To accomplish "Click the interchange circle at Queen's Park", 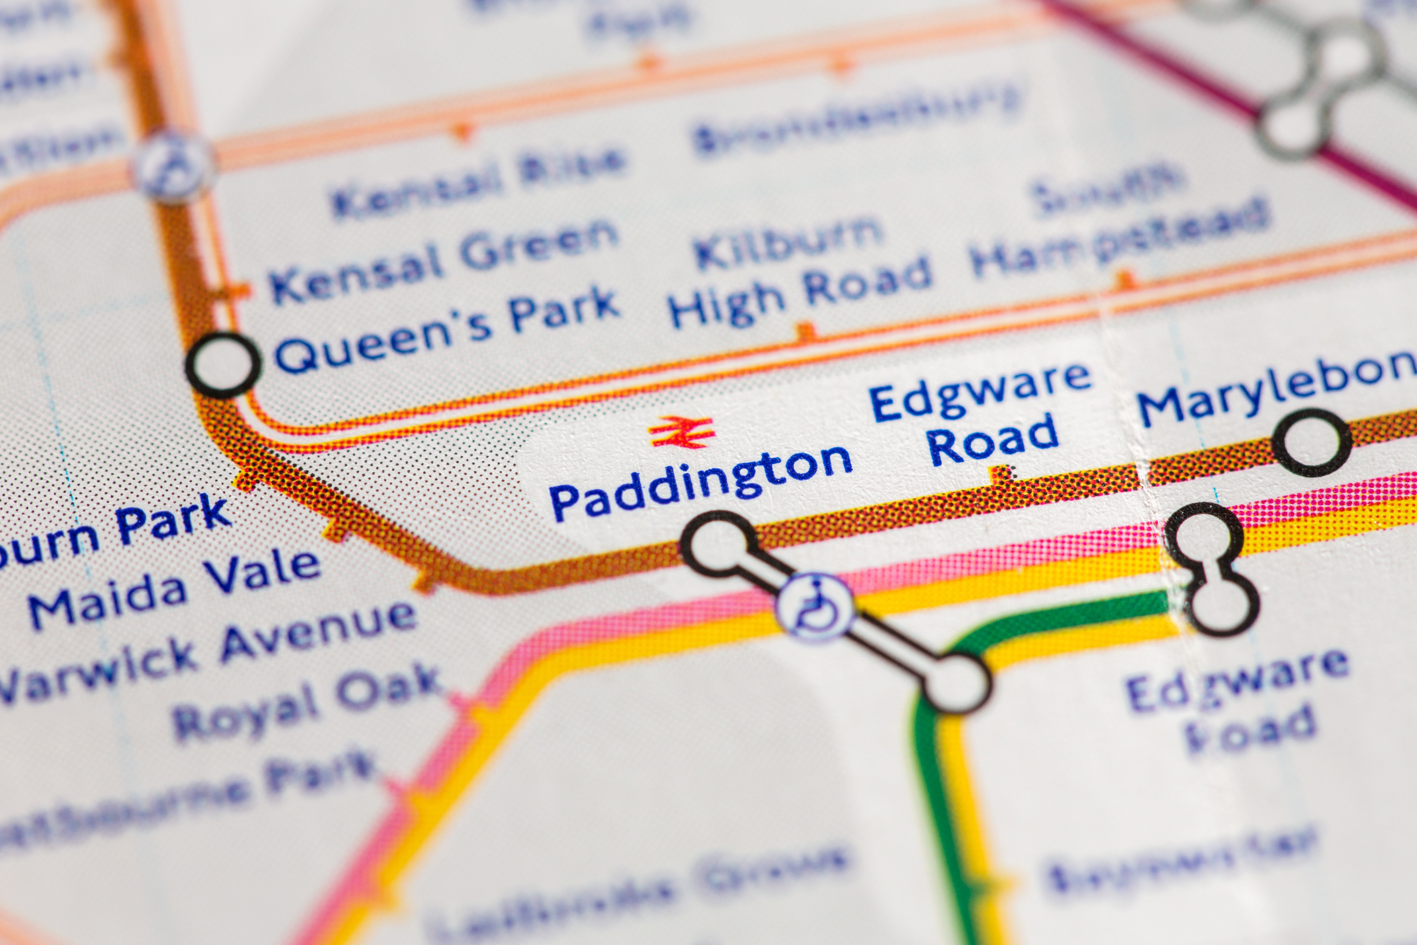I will (223, 365).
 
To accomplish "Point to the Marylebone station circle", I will (1312, 443).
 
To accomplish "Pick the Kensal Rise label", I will (476, 181).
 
